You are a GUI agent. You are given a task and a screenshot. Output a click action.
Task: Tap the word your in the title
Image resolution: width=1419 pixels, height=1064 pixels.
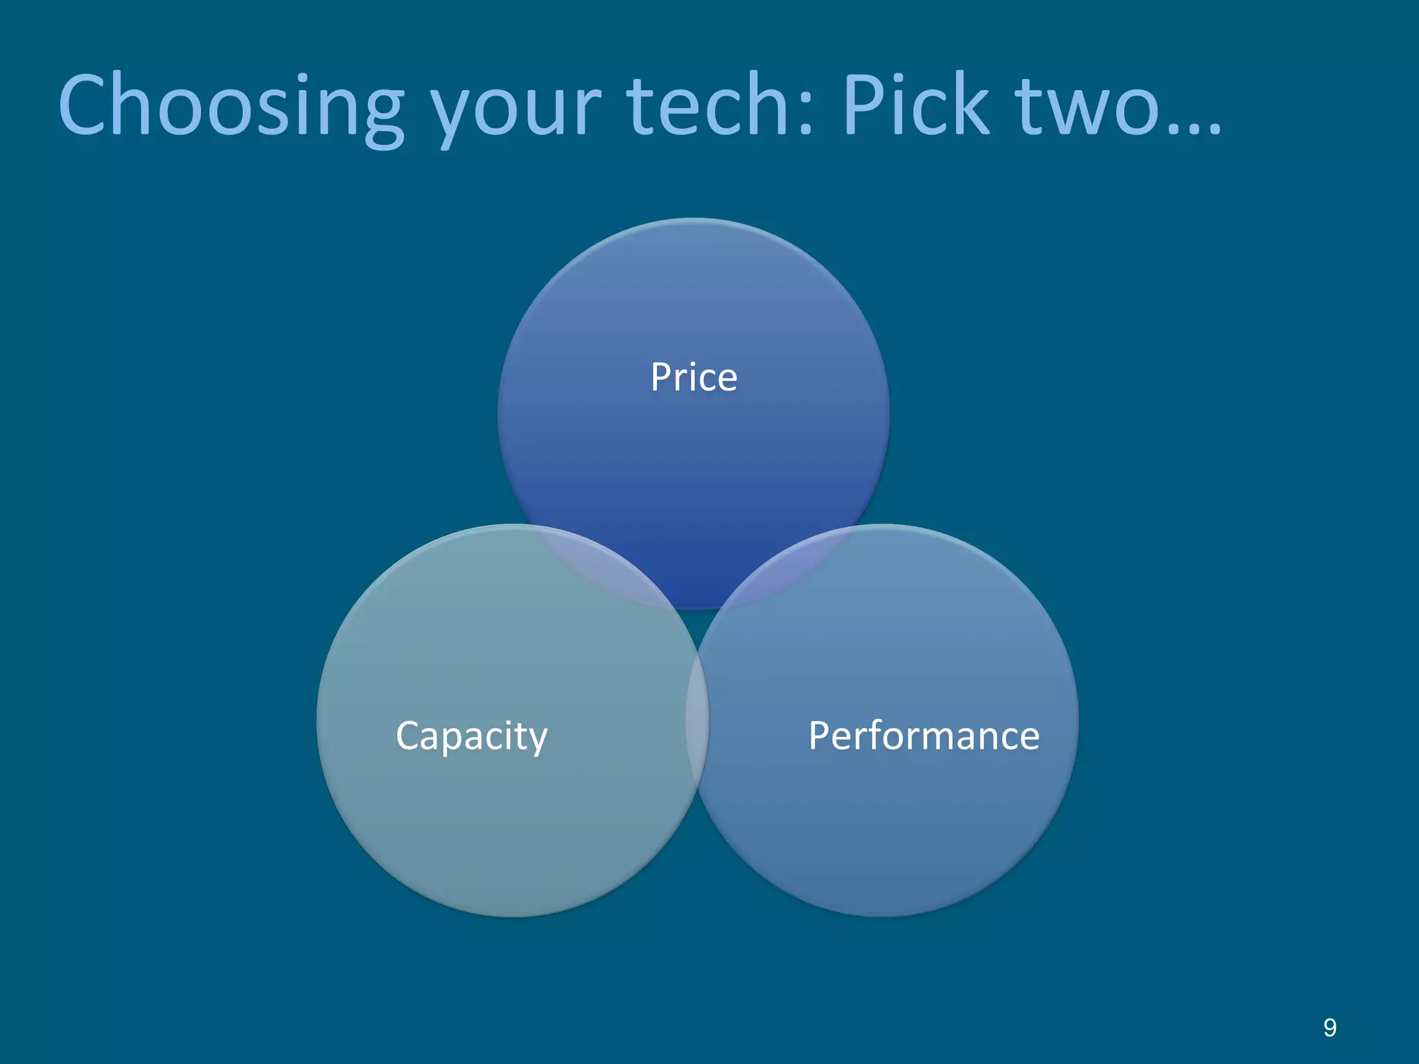515,111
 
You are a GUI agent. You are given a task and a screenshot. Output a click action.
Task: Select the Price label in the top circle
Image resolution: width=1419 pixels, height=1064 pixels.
694,378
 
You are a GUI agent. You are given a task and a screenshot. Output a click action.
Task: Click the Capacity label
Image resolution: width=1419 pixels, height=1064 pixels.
471,736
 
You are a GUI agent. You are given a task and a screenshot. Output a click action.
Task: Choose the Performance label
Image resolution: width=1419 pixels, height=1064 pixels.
924,736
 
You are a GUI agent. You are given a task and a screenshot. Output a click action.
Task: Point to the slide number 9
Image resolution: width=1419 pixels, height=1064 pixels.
1330,1027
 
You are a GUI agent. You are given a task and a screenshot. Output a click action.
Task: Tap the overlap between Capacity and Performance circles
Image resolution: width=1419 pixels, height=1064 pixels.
697,720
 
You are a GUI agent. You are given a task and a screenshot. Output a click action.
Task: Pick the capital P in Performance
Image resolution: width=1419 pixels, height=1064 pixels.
821,736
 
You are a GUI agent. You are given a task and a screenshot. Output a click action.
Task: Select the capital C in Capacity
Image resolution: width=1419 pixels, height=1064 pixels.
408,736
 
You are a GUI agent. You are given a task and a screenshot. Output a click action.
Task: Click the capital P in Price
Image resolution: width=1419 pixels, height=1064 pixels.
661,378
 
